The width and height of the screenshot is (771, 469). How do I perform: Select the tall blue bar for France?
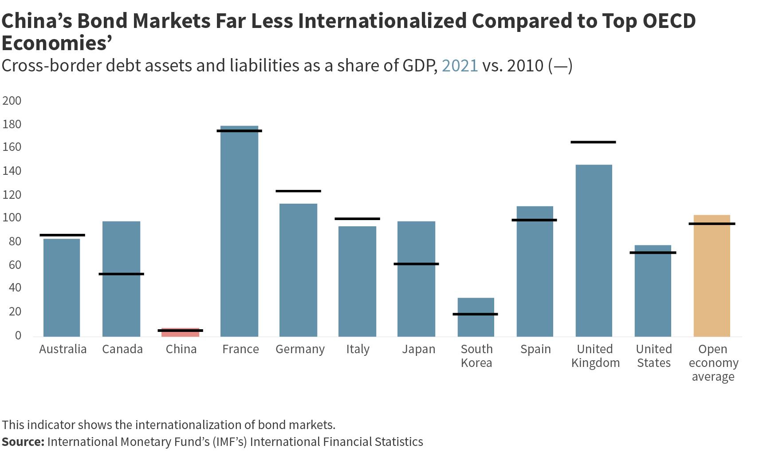pos(239,231)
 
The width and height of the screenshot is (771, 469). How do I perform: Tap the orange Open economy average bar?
pos(712,275)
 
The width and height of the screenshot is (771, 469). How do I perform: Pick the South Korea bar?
pos(476,317)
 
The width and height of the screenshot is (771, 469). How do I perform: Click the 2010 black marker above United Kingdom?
pos(593,142)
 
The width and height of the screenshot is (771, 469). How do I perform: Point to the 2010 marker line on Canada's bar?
pos(121,274)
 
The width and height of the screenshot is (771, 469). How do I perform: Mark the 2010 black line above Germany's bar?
pos(298,191)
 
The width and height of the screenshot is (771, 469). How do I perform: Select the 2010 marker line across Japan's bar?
pos(416,264)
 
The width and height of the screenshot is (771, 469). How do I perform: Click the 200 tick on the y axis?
pos(12,101)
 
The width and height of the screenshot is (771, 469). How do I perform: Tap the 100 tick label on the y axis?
pos(12,218)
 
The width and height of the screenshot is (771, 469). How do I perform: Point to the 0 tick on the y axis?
pos(18,335)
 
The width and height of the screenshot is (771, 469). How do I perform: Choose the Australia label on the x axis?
pos(63,349)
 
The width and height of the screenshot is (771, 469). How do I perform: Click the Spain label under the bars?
pos(535,349)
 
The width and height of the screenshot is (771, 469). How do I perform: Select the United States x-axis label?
pos(653,356)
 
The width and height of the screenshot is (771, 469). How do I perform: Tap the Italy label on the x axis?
pos(358,349)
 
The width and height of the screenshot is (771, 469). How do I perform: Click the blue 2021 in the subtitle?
pos(460,66)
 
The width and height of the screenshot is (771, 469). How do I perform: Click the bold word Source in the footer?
pos(22,442)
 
